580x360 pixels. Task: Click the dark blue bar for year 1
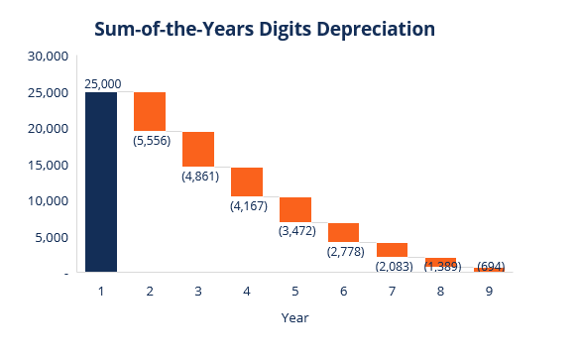101,181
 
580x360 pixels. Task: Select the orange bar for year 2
150,111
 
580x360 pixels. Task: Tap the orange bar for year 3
198,149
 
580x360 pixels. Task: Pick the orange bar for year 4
247,181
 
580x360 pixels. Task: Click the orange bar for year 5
295,209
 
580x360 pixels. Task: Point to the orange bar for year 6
344,232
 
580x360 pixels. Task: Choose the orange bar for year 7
393,250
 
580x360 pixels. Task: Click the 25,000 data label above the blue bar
102,84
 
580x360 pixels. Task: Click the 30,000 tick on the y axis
47,57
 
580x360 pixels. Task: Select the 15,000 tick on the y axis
47,165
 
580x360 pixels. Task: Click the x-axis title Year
295,319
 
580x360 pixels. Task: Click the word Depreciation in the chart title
376,30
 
